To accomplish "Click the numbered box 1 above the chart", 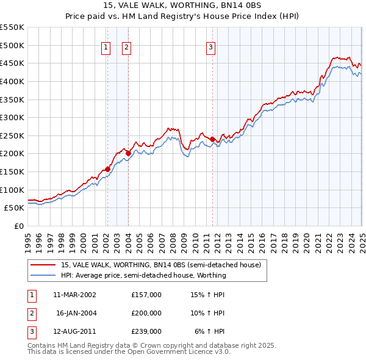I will click(x=106, y=48).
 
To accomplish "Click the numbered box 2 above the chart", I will click(x=126, y=48).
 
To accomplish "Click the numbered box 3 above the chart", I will click(x=210, y=48).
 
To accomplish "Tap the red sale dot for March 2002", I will click(x=107, y=169).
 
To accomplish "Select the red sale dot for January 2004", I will click(x=128, y=153).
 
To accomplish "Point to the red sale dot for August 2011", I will click(x=212, y=140).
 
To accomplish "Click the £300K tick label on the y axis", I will click(x=12, y=117).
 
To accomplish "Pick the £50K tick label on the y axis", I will click(x=14, y=208).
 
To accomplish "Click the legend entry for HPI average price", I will click(x=143, y=275).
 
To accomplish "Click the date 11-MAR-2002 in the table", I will click(x=74, y=295).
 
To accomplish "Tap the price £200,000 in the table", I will click(x=146, y=313).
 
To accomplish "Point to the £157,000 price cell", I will click(x=146, y=295).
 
